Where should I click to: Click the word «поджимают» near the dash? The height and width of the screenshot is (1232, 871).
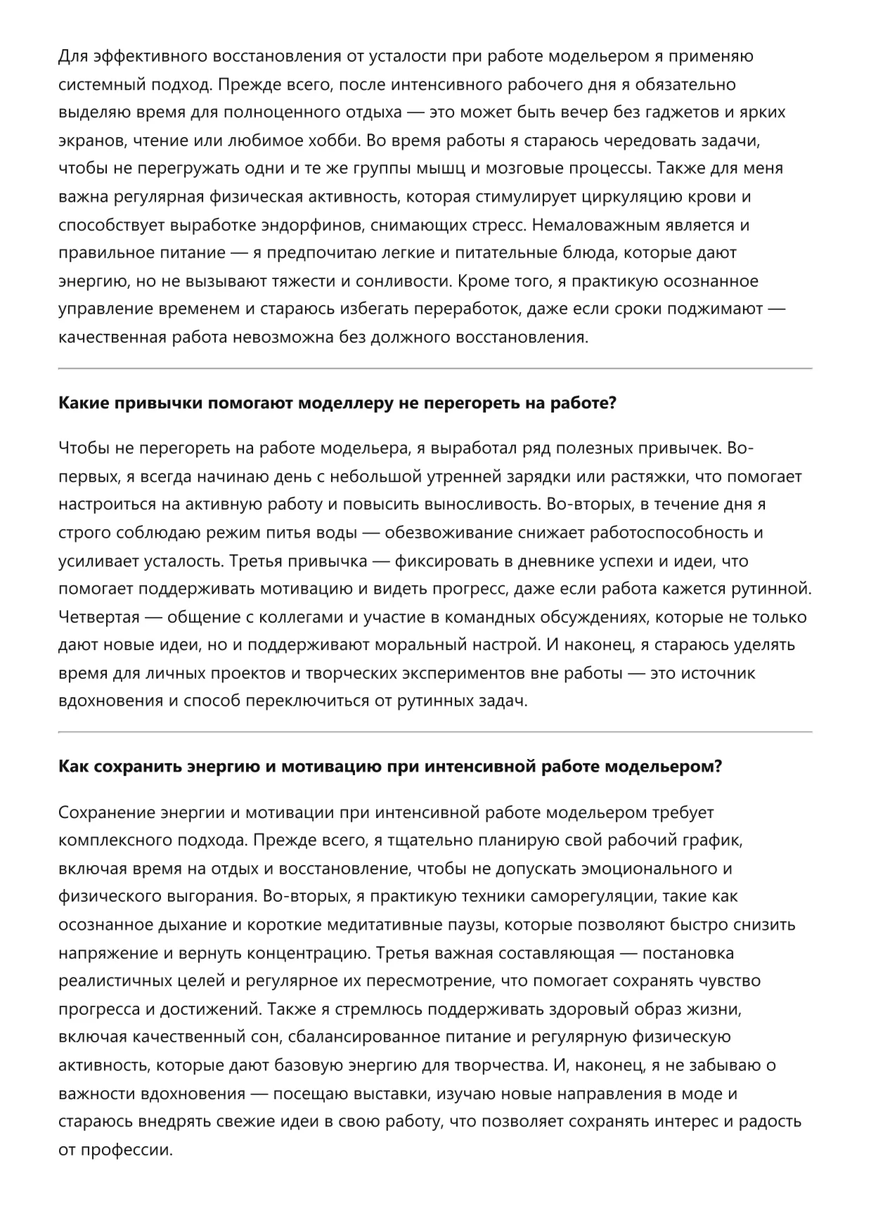[x=715, y=309]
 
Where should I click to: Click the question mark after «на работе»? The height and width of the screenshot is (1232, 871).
[x=612, y=404]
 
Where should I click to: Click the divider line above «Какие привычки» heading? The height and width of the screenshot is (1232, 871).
[x=434, y=368]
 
